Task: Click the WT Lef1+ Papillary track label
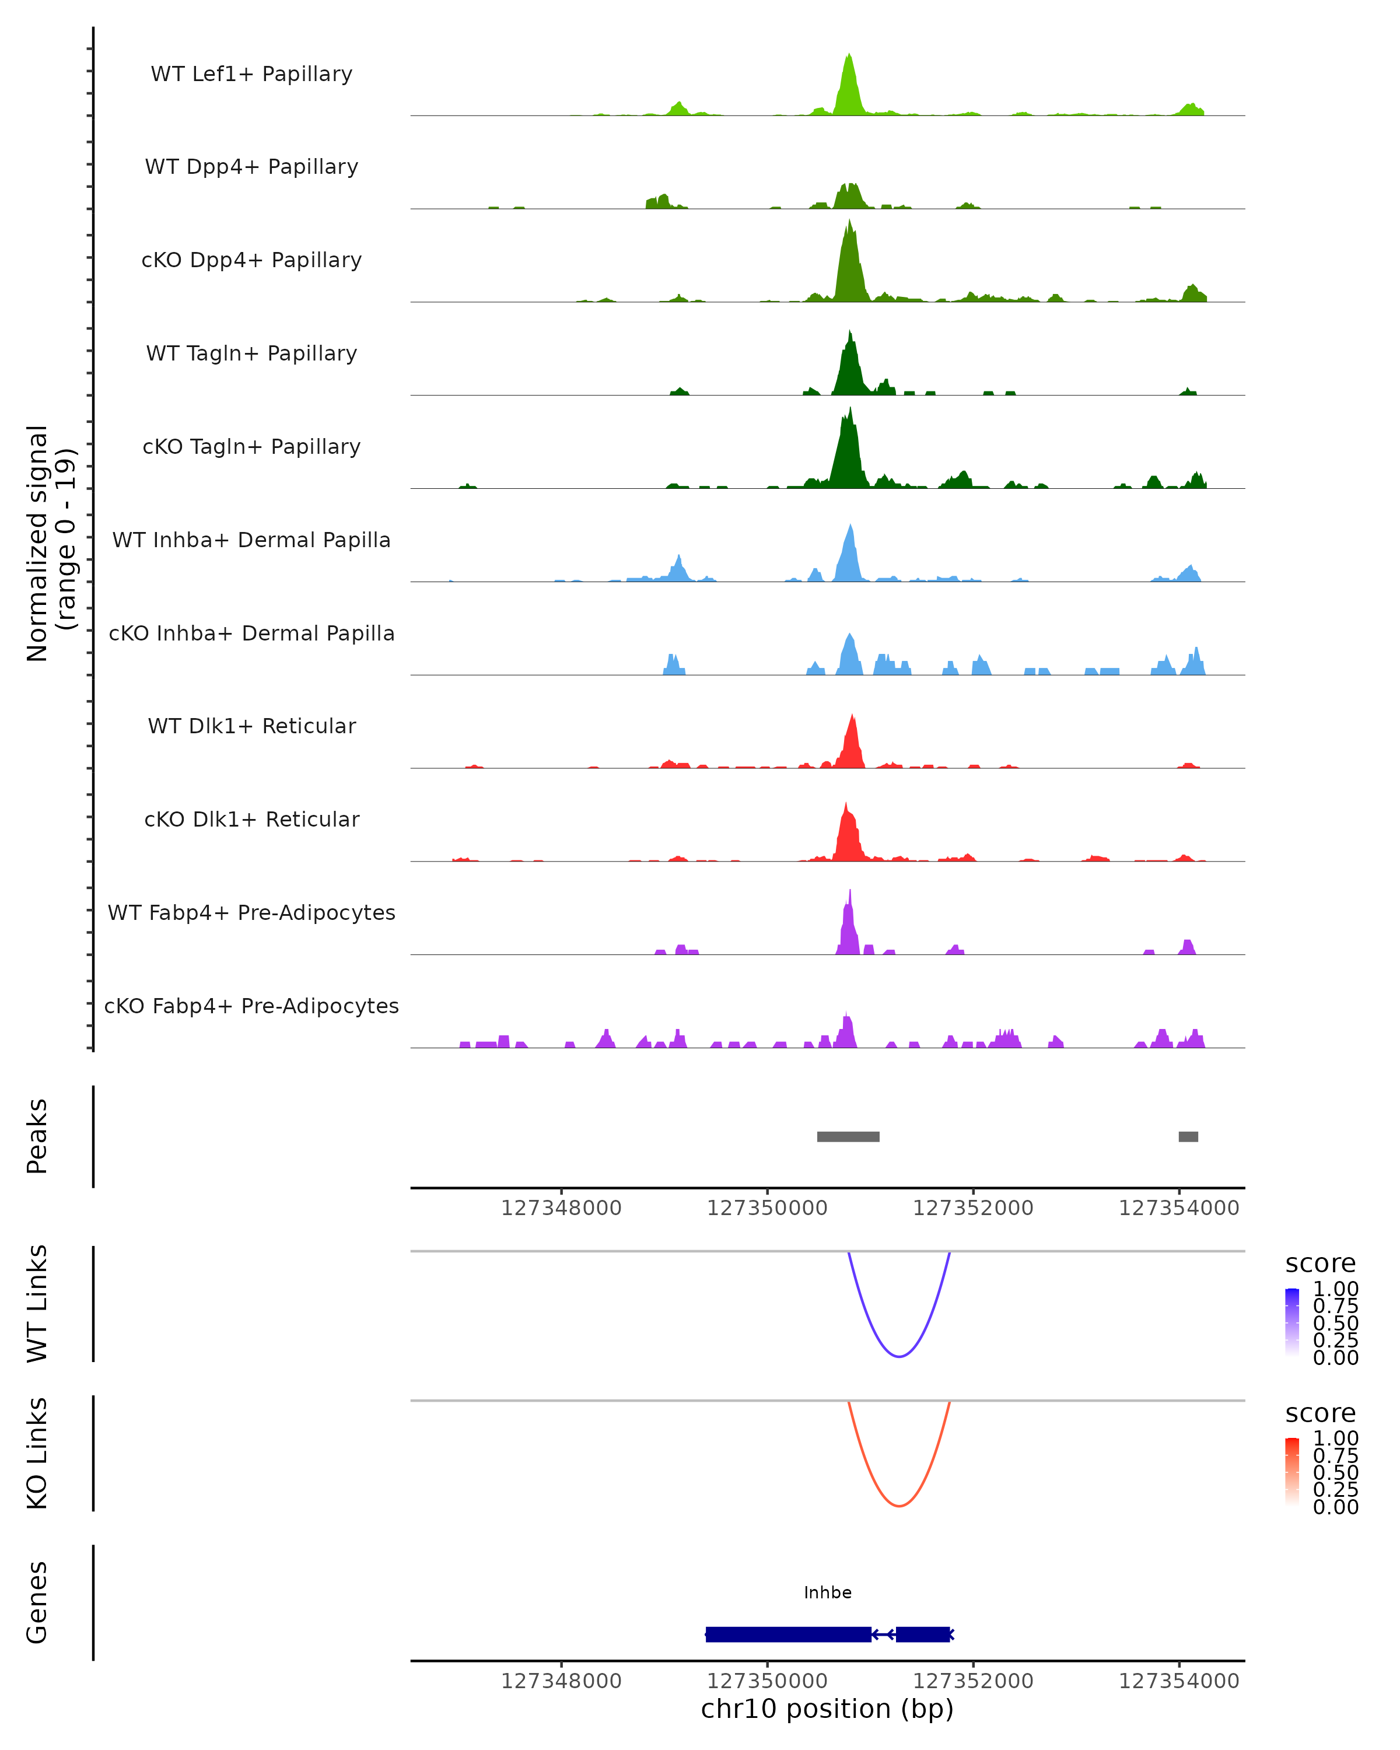click(251, 74)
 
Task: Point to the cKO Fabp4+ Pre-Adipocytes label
click(251, 1006)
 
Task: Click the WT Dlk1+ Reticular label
click(251, 726)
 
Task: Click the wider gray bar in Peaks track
click(848, 1136)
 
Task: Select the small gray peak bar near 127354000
click(1188, 1136)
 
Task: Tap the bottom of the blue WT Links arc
click(900, 1356)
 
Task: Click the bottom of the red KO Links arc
click(900, 1506)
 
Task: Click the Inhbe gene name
click(828, 1592)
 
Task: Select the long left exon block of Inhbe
click(788, 1634)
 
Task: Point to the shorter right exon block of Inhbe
click(923, 1634)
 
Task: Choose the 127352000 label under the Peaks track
click(973, 1208)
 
